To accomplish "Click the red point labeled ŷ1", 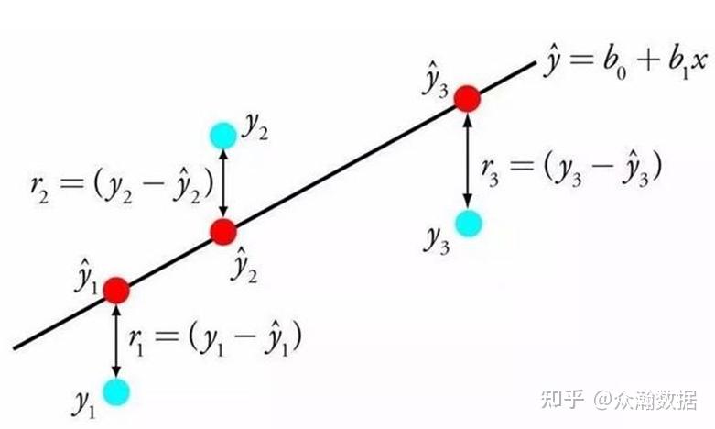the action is point(116,291).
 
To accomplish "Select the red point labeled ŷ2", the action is point(223,232).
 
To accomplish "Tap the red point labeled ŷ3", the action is point(468,99).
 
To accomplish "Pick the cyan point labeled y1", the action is point(116,392).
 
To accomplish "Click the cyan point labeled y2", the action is point(223,136).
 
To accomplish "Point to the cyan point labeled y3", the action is point(469,223).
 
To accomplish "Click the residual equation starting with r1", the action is point(215,337).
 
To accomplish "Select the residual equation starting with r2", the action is point(122,185).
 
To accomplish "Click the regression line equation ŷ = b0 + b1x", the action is point(625,63).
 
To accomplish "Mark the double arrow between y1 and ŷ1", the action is point(116,341).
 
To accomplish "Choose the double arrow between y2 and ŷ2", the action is point(223,183).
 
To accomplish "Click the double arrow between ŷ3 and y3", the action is point(468,160).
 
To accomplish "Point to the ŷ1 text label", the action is point(86,276).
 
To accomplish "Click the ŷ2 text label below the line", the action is point(244,265).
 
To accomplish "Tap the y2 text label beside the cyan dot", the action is point(255,127).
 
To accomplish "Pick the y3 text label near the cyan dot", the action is point(437,240).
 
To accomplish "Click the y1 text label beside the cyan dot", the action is point(84,404).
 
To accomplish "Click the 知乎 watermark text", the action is point(563,400).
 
